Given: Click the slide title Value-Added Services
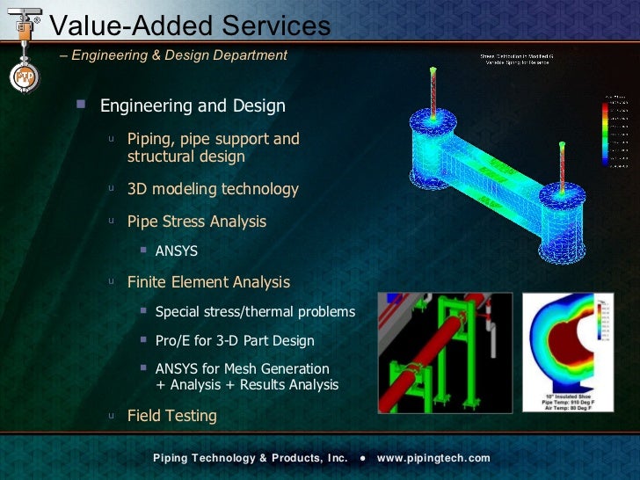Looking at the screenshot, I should tap(190, 26).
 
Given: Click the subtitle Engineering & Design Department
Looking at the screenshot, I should tap(178, 55).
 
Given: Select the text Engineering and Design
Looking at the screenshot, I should tap(193, 106).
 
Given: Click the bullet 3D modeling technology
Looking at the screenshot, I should tap(213, 189).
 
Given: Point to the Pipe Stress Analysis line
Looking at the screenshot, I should tap(197, 222).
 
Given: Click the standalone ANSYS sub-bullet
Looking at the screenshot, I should tap(176, 251).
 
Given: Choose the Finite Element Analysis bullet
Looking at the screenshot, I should tap(208, 282).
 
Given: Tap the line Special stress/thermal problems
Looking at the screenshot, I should tap(255, 312).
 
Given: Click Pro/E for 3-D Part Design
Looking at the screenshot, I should tap(235, 340).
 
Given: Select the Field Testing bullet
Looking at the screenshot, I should tap(172, 416).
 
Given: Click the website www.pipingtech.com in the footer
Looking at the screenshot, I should tap(433, 458).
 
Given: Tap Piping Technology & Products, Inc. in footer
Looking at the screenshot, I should tap(251, 458).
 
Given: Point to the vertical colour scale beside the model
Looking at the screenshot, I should tap(605, 132).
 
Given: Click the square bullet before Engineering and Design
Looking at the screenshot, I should tap(82, 105).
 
